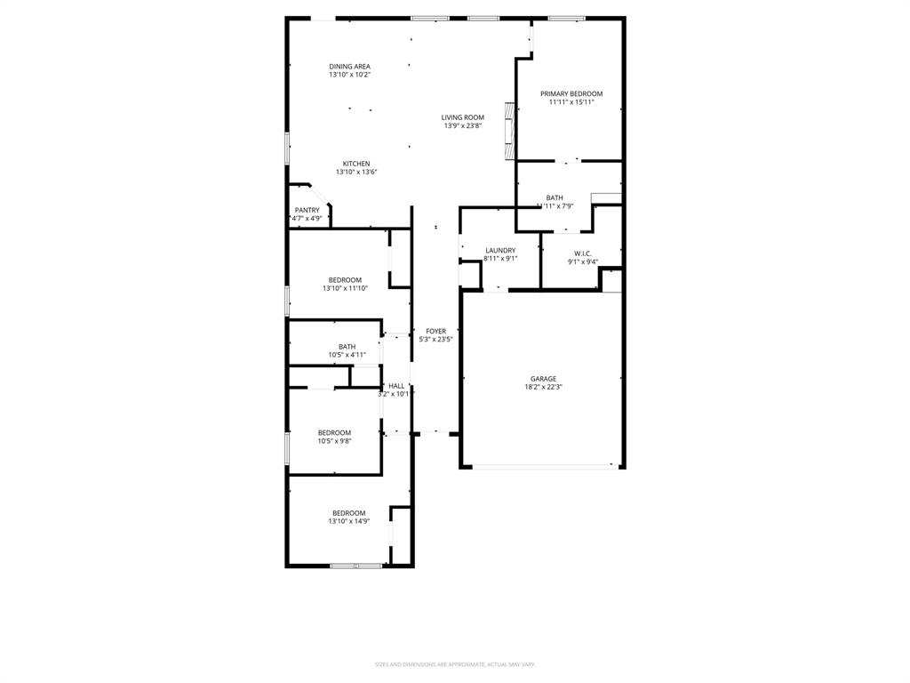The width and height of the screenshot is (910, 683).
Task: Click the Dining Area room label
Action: click(349, 66)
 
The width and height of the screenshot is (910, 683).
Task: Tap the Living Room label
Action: click(463, 117)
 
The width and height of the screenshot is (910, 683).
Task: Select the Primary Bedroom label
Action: click(571, 93)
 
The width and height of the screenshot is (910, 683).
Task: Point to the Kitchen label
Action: click(356, 164)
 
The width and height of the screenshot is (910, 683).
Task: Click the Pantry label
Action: click(307, 210)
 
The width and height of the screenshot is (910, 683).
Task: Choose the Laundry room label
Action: click(500, 250)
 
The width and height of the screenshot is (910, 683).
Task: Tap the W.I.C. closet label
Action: click(583, 253)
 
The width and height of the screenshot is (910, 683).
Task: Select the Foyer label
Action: click(435, 331)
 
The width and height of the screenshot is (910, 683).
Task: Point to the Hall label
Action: click(396, 386)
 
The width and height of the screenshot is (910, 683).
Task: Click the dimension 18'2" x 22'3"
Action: click(543, 387)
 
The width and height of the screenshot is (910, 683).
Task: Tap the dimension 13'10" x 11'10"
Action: click(345, 288)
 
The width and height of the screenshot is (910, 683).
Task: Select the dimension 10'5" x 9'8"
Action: click(334, 441)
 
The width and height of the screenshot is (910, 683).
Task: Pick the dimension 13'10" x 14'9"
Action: click(348, 521)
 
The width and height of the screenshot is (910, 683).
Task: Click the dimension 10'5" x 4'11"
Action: click(347, 355)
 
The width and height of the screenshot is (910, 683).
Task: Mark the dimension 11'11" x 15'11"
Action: click(571, 102)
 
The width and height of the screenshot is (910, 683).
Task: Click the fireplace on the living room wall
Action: click(509, 131)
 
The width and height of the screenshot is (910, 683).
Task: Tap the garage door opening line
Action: click(542, 466)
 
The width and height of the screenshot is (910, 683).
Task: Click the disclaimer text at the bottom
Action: click(454, 664)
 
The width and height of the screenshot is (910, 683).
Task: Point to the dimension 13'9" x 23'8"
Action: click(463, 126)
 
